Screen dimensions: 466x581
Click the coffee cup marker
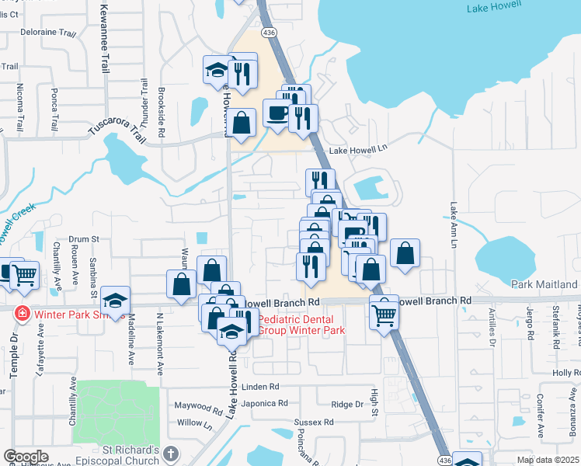click(x=277, y=114)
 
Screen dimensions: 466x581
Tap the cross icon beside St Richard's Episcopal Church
click(x=171, y=452)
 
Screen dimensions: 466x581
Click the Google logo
click(x=26, y=457)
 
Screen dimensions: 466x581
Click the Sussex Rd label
click(x=314, y=423)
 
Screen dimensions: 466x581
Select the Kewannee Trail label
click(x=104, y=37)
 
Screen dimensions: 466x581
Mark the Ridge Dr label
click(x=347, y=404)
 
